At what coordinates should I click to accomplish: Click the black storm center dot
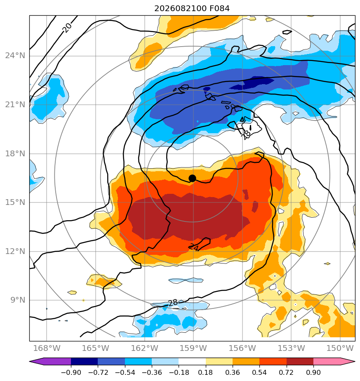(192, 179)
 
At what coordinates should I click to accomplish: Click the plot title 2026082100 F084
(192, 9)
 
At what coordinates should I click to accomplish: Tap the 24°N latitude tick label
(15, 56)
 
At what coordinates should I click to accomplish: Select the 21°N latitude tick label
(15, 104)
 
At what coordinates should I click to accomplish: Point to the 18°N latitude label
(15, 153)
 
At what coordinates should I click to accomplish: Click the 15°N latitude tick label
(15, 202)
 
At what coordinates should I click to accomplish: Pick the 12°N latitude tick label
(15, 251)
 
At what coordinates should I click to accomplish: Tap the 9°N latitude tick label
(18, 300)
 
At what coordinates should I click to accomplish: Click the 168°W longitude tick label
(47, 348)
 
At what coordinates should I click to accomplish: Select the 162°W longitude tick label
(145, 348)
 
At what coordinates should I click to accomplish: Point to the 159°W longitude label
(193, 348)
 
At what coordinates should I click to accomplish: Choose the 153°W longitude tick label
(291, 348)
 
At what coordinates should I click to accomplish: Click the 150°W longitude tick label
(340, 348)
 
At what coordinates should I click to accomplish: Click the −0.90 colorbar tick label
(71, 372)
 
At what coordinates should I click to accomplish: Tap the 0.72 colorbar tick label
(287, 372)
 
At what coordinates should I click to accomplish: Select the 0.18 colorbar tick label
(206, 372)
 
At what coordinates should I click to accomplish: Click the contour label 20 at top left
(67, 28)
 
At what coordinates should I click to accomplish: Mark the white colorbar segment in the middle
(192, 361)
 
